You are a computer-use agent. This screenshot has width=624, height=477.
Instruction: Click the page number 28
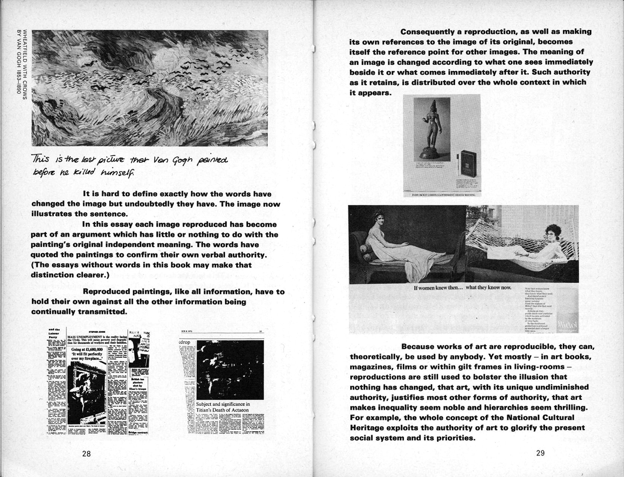click(86, 453)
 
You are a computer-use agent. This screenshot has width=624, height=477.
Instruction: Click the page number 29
click(540, 453)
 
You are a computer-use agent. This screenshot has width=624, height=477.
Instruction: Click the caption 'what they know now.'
click(489, 287)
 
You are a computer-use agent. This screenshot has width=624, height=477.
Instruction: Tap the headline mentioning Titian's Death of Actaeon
click(222, 407)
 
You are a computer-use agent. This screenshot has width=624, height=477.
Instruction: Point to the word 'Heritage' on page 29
click(368, 428)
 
